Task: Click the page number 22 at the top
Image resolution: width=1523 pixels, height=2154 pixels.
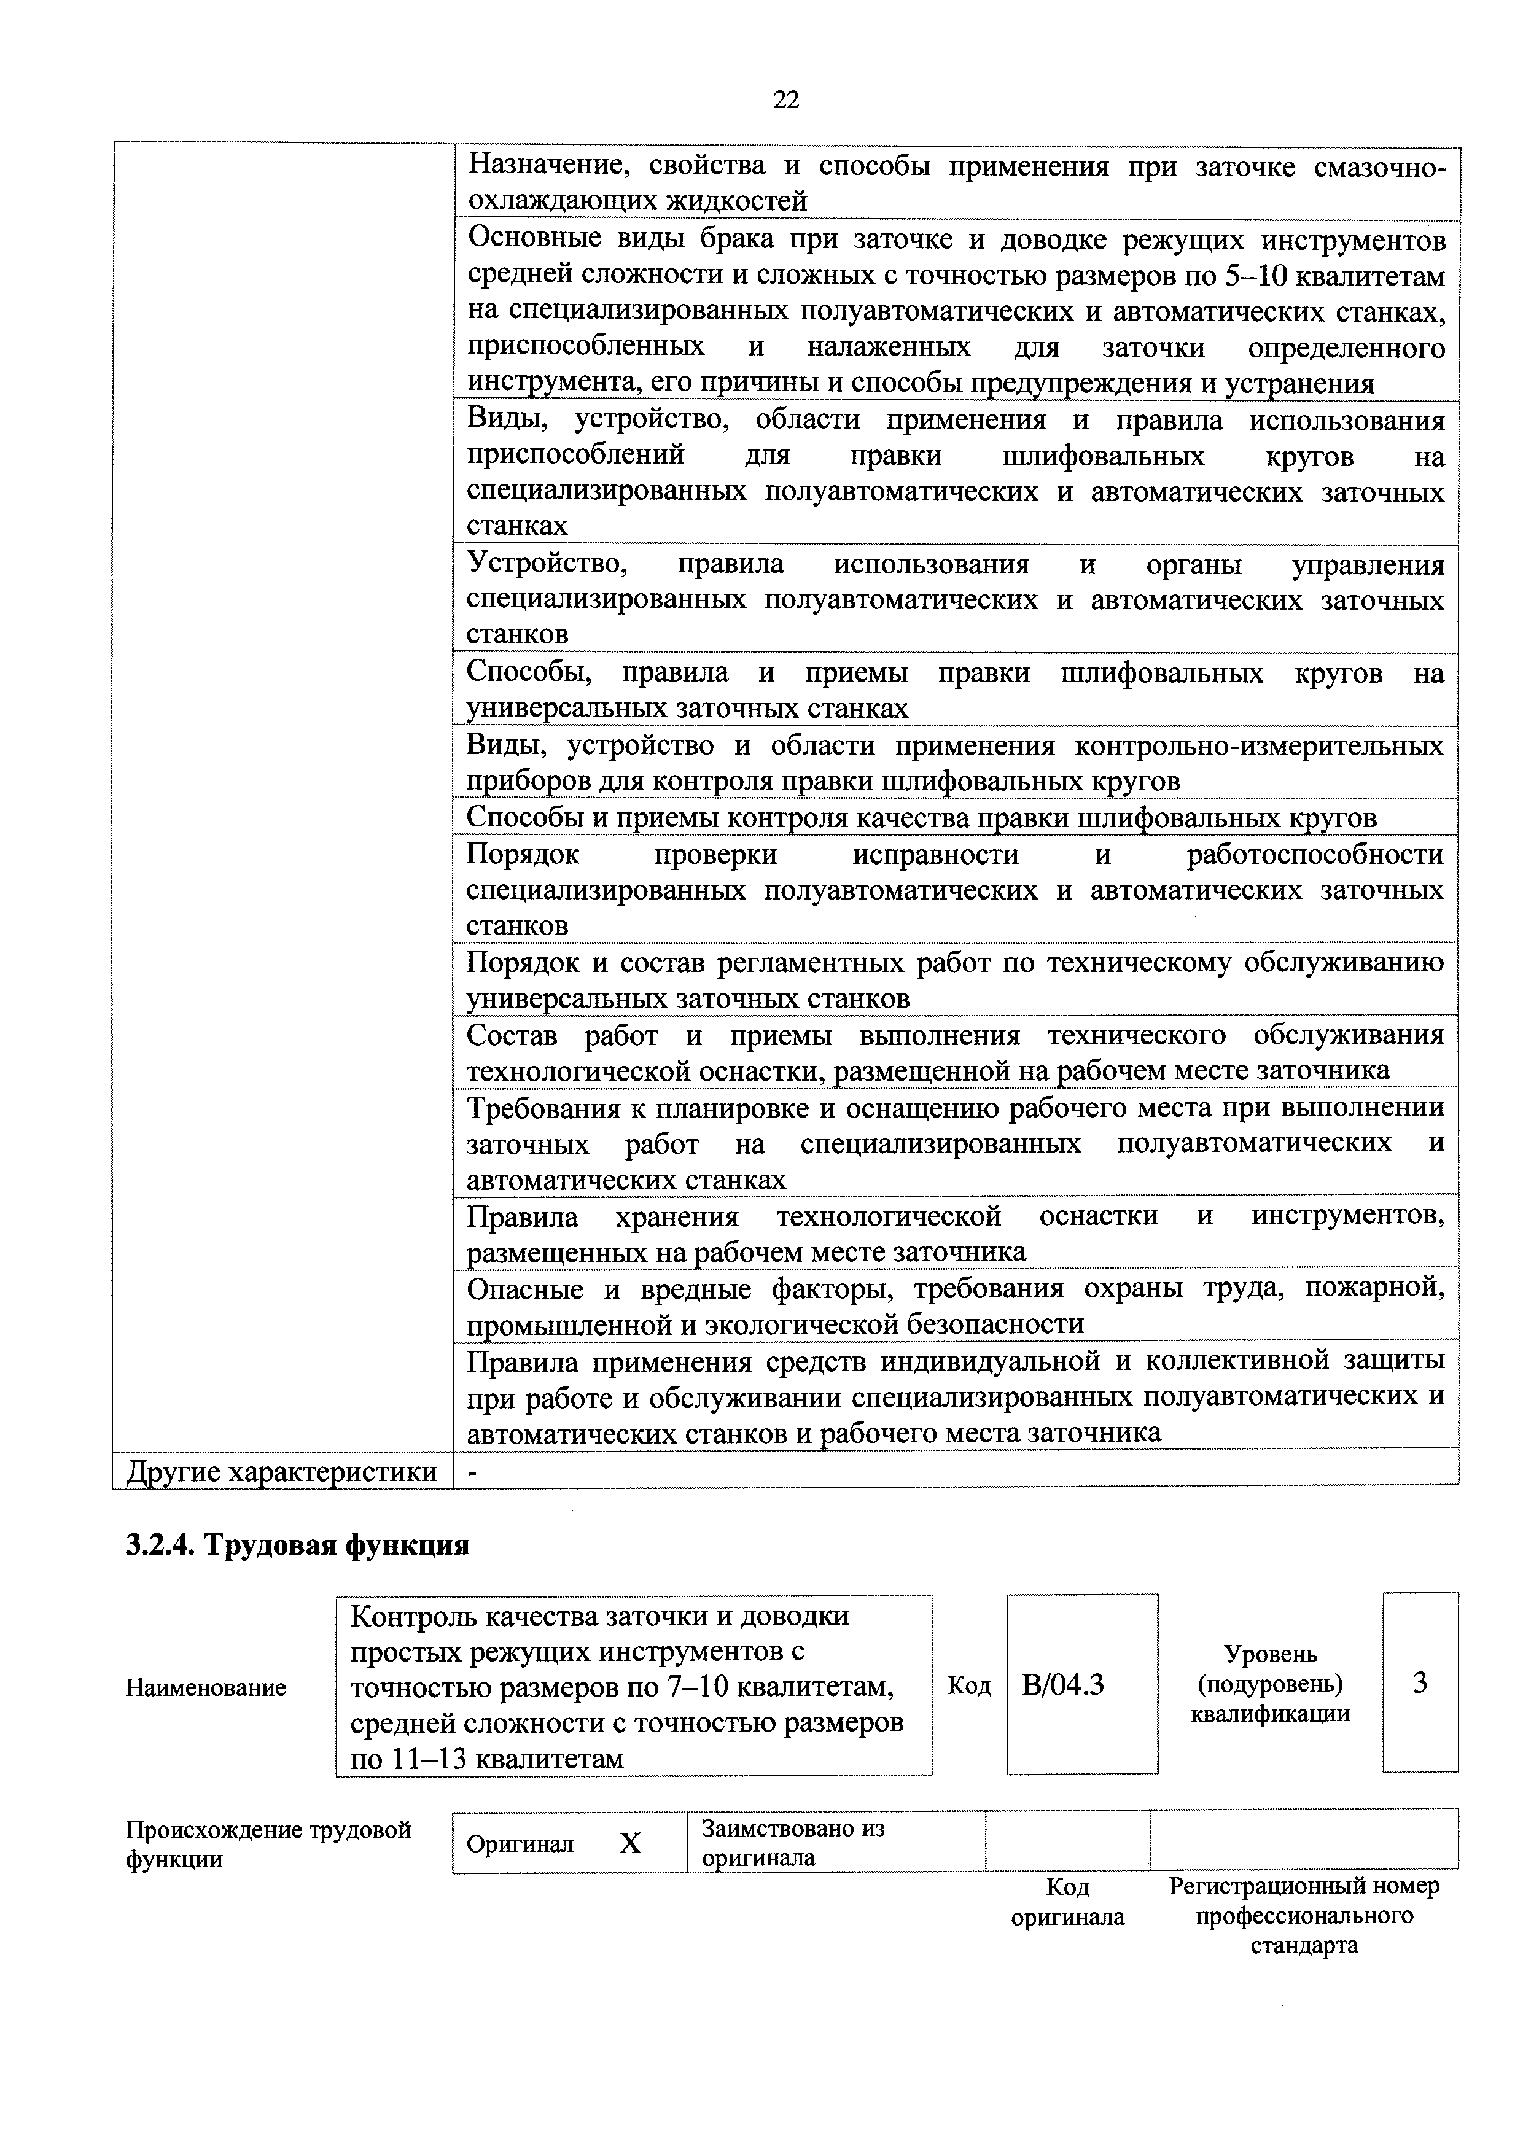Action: [x=785, y=100]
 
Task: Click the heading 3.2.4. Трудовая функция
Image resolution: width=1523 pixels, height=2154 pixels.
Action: [x=297, y=1544]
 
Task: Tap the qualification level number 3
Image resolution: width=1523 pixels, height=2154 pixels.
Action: [x=1420, y=1684]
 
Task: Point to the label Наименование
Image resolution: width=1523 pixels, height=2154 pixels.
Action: [x=206, y=1688]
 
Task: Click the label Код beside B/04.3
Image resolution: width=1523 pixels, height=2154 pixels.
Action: [x=968, y=1686]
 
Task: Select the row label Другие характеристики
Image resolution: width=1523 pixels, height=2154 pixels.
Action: [x=281, y=1472]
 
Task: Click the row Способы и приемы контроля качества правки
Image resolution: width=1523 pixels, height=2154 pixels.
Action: [x=922, y=818]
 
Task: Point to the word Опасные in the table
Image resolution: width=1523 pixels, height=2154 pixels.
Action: [x=526, y=1289]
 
